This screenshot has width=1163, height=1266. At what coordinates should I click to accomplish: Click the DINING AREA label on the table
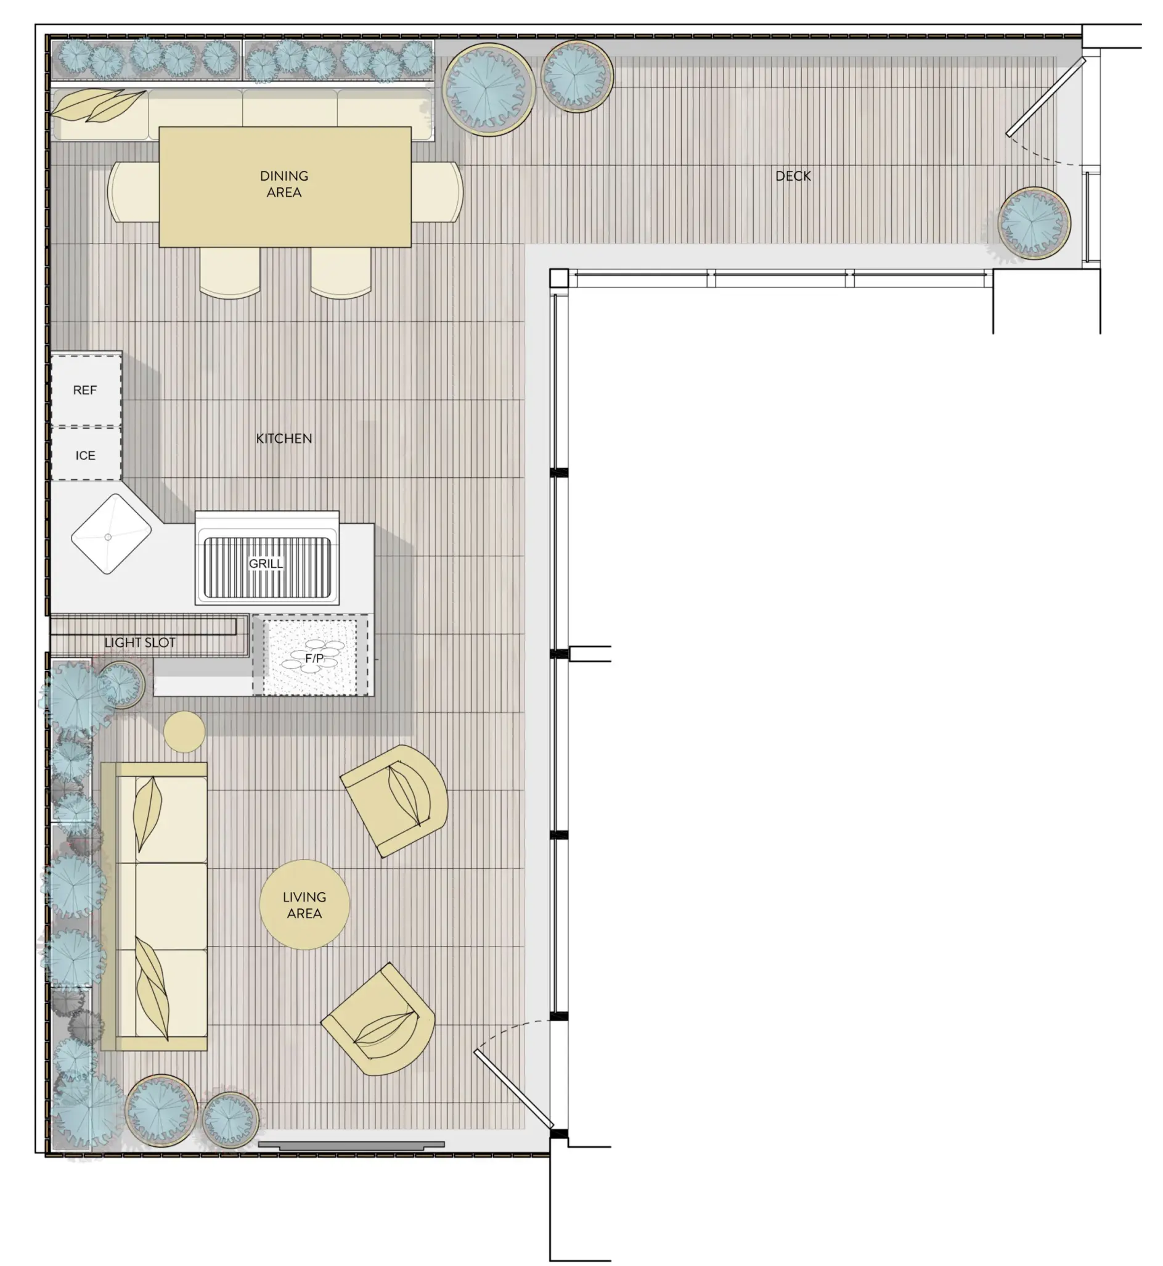coord(284,184)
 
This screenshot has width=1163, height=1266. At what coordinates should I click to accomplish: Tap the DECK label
coord(793,176)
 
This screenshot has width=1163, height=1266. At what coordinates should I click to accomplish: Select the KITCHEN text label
coord(284,438)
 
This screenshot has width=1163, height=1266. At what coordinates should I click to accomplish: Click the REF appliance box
coord(86,390)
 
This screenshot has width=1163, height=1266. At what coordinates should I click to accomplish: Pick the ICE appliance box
coord(86,454)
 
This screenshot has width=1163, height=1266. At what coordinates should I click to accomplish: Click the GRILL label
coord(266,564)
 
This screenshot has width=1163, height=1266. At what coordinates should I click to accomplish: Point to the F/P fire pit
coord(310,656)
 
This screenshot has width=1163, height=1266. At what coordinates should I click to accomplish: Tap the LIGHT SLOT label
coord(140,642)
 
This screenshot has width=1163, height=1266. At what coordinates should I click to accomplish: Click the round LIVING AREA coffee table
coord(304,905)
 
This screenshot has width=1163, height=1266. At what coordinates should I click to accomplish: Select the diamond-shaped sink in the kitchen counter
coord(111,534)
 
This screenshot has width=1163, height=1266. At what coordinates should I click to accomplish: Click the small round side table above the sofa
coord(184,731)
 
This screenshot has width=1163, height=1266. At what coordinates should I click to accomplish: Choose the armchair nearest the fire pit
coord(394,800)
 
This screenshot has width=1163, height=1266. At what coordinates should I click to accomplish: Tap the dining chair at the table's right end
coord(438,192)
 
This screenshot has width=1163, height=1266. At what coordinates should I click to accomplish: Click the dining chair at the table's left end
coord(133,192)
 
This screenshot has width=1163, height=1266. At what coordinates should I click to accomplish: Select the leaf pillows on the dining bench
coord(98,105)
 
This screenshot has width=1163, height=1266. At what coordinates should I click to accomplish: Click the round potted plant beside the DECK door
coord(1034,223)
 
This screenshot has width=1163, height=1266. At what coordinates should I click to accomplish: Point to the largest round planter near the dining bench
coord(488,89)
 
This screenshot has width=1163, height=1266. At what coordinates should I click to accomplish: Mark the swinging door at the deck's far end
coord(1045,97)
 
